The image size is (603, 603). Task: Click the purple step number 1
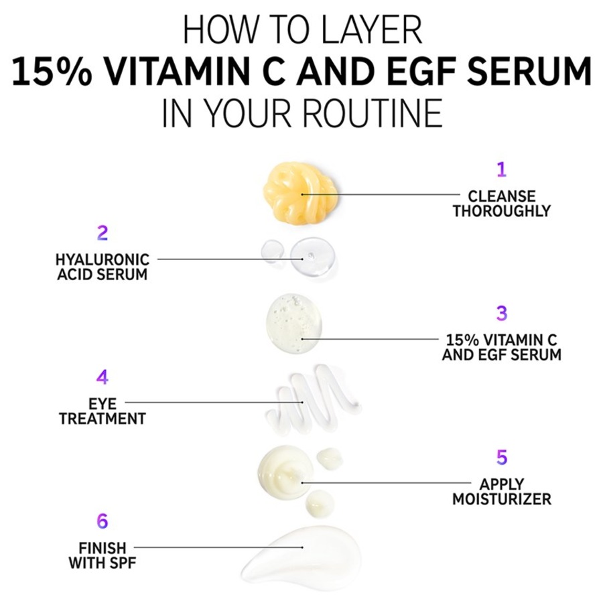click(x=501, y=170)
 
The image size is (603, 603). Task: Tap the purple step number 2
click(x=103, y=233)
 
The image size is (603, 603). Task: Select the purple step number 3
click(x=502, y=313)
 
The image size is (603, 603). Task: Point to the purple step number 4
click(x=102, y=377)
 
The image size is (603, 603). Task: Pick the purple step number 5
click(x=502, y=457)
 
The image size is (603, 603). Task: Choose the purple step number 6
click(x=102, y=521)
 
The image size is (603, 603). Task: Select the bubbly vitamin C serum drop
click(x=294, y=323)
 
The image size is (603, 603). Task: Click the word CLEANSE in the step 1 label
click(x=502, y=196)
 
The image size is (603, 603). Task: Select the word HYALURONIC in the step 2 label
click(x=103, y=259)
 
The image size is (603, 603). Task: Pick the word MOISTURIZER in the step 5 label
click(x=502, y=499)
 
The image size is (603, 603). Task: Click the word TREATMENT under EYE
click(x=103, y=419)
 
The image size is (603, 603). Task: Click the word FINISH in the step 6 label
click(x=102, y=548)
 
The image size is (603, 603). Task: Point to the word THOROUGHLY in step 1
click(x=501, y=211)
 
